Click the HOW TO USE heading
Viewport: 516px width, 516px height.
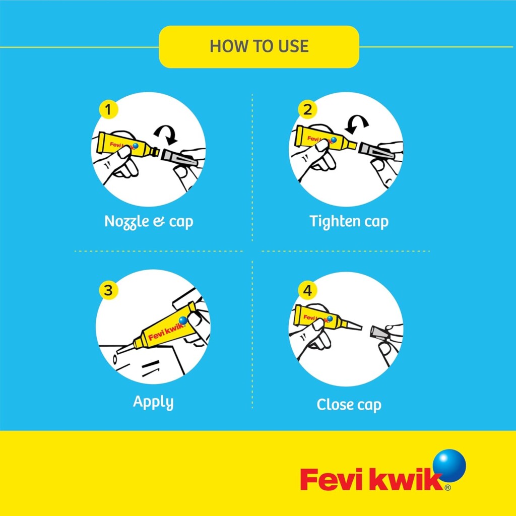tap(259, 46)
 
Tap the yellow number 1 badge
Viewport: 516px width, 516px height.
tap(108, 109)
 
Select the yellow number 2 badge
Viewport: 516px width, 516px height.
tap(307, 109)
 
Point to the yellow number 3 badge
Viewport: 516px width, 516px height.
tap(108, 290)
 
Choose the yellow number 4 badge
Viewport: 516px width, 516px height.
tap(307, 290)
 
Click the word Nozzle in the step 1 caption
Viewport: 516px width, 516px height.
tap(126, 222)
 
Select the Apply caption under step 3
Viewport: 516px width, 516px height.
tap(153, 403)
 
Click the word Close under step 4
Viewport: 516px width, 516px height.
tap(333, 405)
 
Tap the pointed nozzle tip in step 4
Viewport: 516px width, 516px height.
tap(361, 327)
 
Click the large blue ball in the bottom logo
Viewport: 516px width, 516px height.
tap(449, 466)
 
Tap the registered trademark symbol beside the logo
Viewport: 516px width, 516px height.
tap(447, 488)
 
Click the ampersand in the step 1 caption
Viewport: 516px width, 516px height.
tap(159, 222)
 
